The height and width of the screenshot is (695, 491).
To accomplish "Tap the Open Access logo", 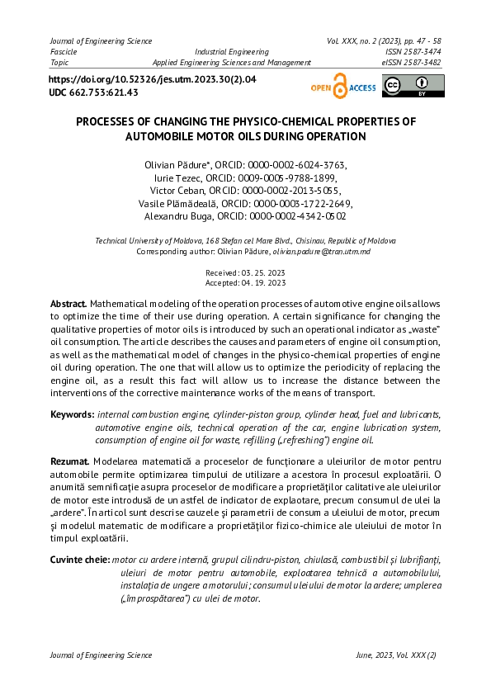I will click(342, 87).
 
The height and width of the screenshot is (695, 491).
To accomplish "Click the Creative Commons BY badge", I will click(413, 86).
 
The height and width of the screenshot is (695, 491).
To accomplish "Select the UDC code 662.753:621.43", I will click(93, 92).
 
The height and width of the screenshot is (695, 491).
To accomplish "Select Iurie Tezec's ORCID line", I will click(245, 177).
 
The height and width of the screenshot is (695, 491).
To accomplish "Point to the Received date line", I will click(245, 272).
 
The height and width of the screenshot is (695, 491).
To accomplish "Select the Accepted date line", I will click(245, 282).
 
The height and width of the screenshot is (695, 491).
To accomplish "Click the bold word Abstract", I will click(68, 304).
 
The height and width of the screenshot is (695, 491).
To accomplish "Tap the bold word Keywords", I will click(72, 414).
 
